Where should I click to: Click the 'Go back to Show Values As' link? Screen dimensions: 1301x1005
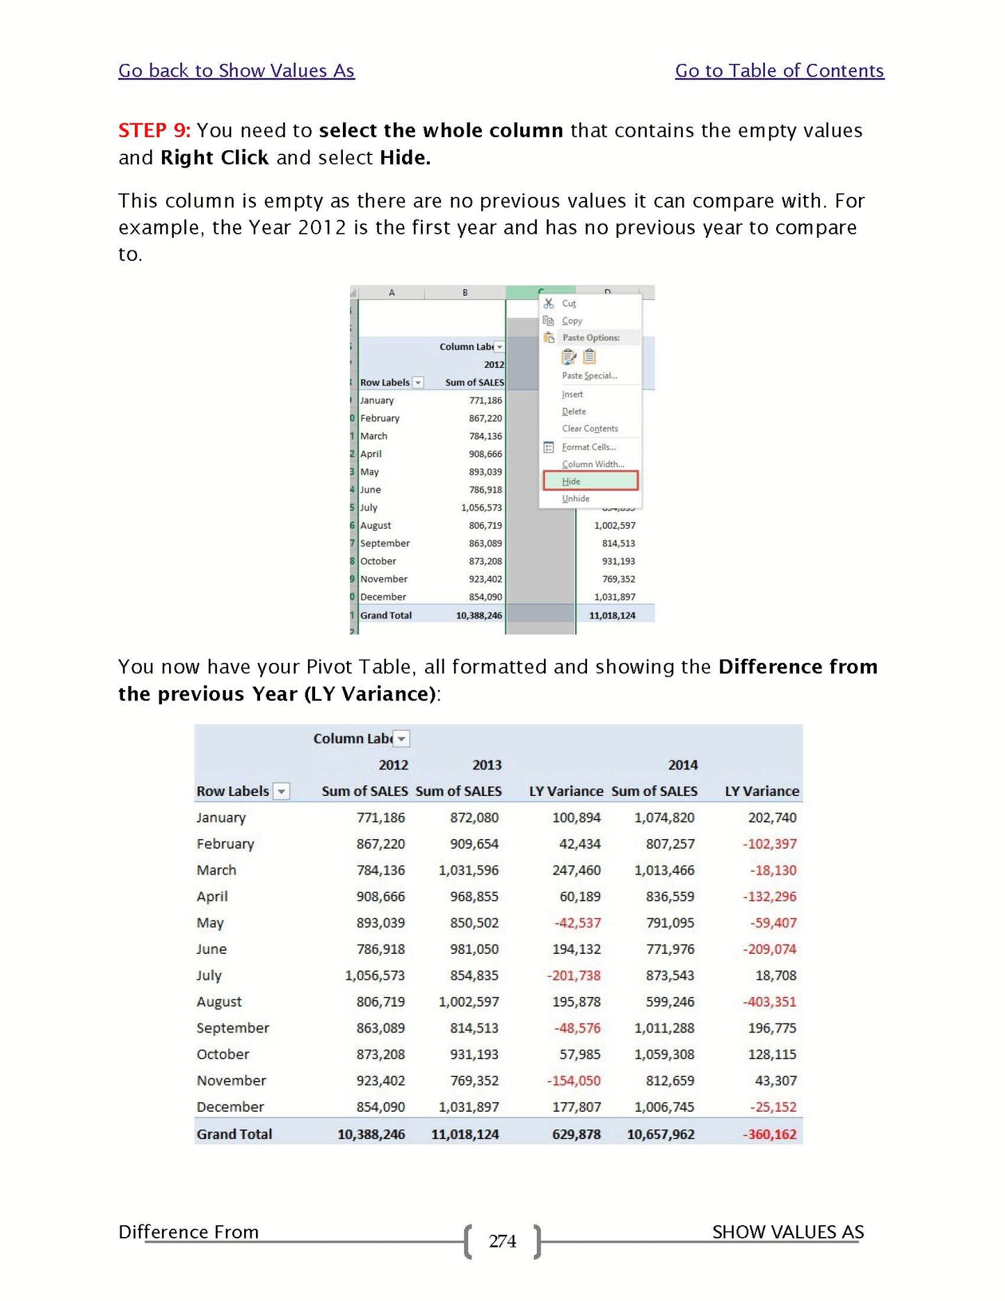tap(236, 71)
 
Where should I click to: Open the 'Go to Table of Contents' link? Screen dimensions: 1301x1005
tap(779, 71)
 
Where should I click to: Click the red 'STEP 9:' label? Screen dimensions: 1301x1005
tap(154, 131)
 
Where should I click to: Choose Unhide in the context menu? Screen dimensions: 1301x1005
tap(576, 499)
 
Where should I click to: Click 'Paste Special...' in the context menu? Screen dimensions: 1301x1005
tap(589, 376)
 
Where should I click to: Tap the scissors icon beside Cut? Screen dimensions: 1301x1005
tap(549, 303)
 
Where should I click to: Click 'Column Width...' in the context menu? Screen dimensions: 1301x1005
tap(593, 464)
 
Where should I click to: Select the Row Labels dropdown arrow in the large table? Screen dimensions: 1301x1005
tap(281, 791)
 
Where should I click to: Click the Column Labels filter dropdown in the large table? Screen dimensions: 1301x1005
tap(401, 738)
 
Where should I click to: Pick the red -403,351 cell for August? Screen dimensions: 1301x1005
tap(769, 1002)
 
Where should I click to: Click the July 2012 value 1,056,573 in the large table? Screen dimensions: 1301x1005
tap(375, 975)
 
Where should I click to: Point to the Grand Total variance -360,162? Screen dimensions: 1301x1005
tap(769, 1134)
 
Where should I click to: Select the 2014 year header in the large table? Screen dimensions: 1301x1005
tap(682, 765)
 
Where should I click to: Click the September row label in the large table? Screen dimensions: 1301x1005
tap(232, 1028)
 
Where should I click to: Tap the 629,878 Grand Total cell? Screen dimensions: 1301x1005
tap(576, 1134)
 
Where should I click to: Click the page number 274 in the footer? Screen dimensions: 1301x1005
tap(502, 1241)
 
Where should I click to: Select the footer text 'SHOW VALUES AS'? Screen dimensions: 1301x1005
tap(787, 1232)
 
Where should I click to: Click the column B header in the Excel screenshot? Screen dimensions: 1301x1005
tap(465, 293)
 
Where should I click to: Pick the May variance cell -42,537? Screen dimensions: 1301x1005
tap(577, 923)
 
